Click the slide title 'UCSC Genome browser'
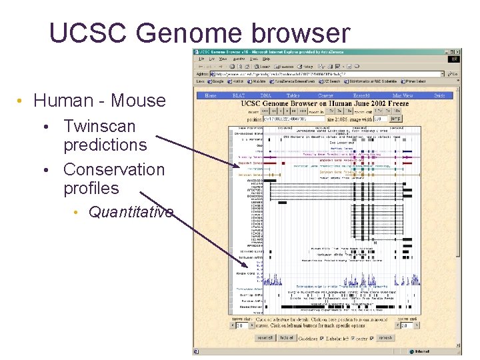click(x=199, y=33)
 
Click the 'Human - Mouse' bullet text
click(x=99, y=101)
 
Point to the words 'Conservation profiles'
click(x=113, y=179)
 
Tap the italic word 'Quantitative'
click(x=131, y=212)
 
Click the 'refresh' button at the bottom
click(x=386, y=338)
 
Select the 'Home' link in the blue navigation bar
click(x=211, y=96)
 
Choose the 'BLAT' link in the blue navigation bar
click(x=238, y=96)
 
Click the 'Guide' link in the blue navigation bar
click(x=440, y=96)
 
